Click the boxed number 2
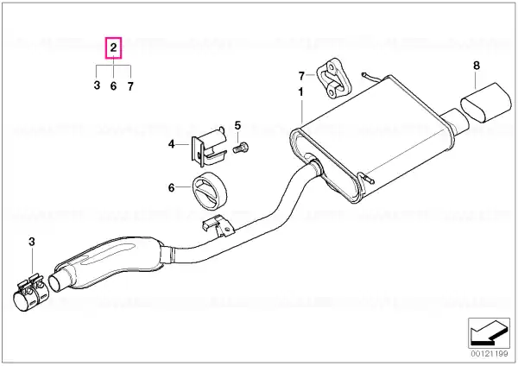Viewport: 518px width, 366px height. (x=113, y=47)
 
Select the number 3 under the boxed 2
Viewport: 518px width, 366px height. (x=97, y=85)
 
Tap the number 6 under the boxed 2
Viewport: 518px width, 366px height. (x=113, y=85)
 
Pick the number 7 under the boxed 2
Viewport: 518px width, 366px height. (x=130, y=86)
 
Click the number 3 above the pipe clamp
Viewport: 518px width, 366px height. (x=31, y=242)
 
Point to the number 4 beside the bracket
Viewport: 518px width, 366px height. (x=171, y=144)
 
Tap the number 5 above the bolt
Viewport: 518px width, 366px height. (x=238, y=125)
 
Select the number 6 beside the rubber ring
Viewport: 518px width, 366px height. (x=171, y=187)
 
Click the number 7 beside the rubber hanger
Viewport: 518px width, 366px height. (x=301, y=76)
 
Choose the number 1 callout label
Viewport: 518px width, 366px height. (x=300, y=91)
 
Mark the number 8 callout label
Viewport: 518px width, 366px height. (x=476, y=66)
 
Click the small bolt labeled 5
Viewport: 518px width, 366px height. (x=241, y=148)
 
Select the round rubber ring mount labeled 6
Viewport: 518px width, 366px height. (x=210, y=191)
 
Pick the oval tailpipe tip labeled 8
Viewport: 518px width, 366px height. (x=485, y=103)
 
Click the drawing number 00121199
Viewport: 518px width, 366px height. (x=490, y=354)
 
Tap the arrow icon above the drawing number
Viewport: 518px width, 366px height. (x=489, y=333)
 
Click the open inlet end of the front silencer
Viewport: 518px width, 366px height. (x=58, y=283)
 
